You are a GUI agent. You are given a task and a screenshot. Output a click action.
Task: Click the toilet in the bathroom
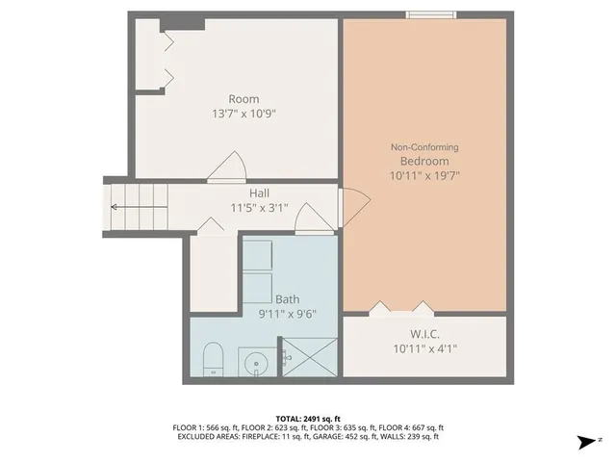[x=214, y=358]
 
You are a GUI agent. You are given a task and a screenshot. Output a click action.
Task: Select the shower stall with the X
[x=309, y=356]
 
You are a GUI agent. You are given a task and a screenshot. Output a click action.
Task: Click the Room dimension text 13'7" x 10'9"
[x=244, y=114]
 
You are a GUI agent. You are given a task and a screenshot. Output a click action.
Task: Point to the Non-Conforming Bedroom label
[x=423, y=154]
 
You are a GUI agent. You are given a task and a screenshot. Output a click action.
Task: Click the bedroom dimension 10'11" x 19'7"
[x=423, y=176]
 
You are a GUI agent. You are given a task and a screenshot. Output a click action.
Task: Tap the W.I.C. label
[x=423, y=333]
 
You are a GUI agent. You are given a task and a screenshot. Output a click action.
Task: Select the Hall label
[x=259, y=192]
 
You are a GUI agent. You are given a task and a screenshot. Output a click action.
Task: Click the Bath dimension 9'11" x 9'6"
[x=288, y=314]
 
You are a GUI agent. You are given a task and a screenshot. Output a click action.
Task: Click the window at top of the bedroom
[x=431, y=13]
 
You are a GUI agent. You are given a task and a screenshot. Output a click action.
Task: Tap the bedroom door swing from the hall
[x=352, y=202]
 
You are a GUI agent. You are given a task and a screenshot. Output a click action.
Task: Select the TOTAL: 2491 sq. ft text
[x=308, y=419]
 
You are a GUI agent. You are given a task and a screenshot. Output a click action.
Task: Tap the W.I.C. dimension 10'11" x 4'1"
[x=423, y=348]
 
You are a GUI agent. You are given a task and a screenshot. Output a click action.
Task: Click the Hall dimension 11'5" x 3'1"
[x=259, y=208]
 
